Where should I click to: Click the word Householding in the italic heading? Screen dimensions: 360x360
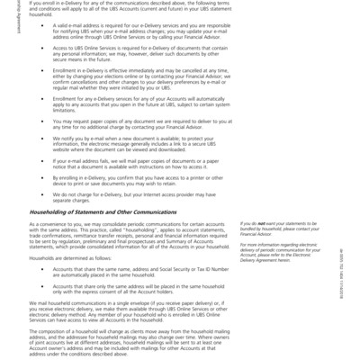coord(50,211)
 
